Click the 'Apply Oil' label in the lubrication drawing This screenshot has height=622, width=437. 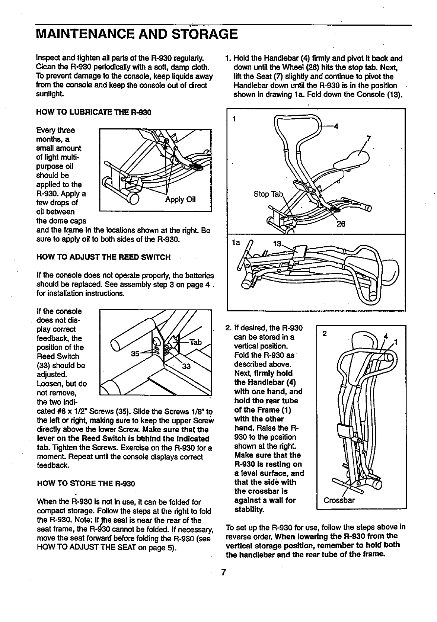pos(180,199)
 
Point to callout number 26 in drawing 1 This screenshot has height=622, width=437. pos(341,224)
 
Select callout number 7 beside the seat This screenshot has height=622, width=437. pos(368,139)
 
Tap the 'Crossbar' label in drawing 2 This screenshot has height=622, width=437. pos(339,500)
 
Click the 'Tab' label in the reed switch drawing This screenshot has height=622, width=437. pos(195,342)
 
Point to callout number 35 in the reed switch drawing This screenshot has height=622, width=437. pos(135,353)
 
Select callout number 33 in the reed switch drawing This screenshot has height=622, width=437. pos(186,366)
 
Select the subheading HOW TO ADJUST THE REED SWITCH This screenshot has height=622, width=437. pos(103,257)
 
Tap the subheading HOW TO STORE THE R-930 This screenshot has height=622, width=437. pos(86,484)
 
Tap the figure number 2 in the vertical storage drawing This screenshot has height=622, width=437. pos(325,333)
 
